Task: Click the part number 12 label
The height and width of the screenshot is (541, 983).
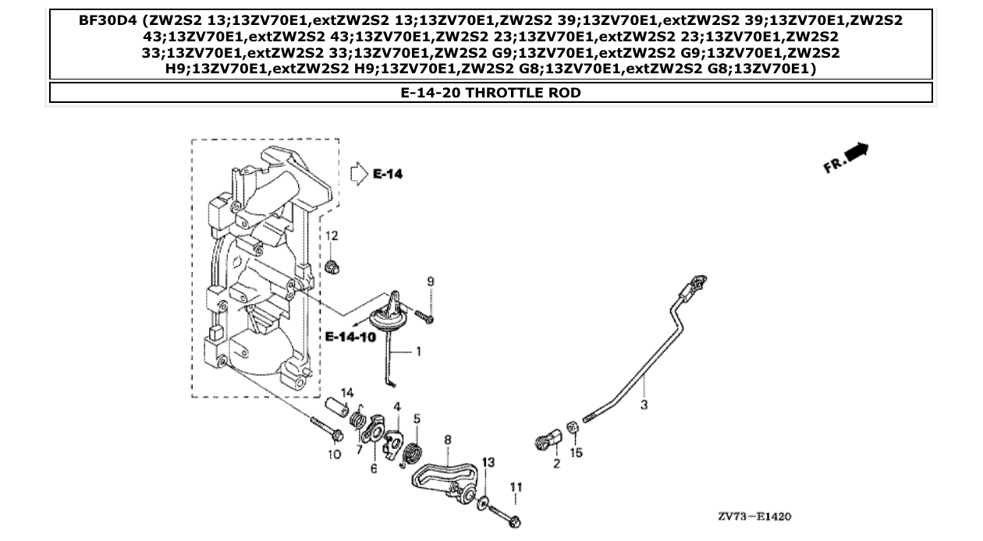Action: [332, 236]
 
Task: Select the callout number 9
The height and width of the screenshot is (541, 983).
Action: [430, 281]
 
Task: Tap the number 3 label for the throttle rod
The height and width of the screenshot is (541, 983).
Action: [644, 405]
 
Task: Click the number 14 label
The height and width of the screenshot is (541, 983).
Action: [347, 391]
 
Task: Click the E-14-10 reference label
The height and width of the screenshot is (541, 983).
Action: [350, 337]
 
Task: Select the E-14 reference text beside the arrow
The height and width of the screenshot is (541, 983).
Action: [388, 174]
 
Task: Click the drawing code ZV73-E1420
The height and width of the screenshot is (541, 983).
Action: [755, 517]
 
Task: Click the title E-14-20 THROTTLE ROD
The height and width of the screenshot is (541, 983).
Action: [491, 93]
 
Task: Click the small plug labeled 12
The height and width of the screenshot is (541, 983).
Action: [332, 267]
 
